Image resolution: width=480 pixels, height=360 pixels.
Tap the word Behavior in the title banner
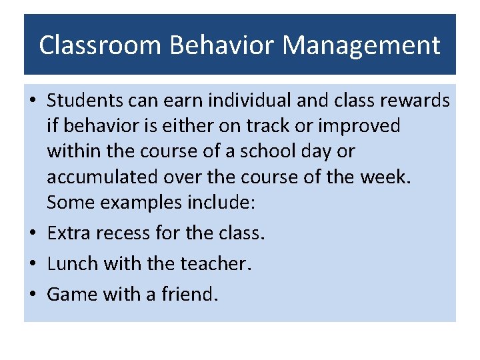[223, 45]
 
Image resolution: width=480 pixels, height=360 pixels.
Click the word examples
[144, 203]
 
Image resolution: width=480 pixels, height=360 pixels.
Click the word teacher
[216, 264]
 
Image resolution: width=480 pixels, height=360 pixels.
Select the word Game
[71, 294]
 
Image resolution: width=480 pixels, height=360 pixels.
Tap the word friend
[189, 294]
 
